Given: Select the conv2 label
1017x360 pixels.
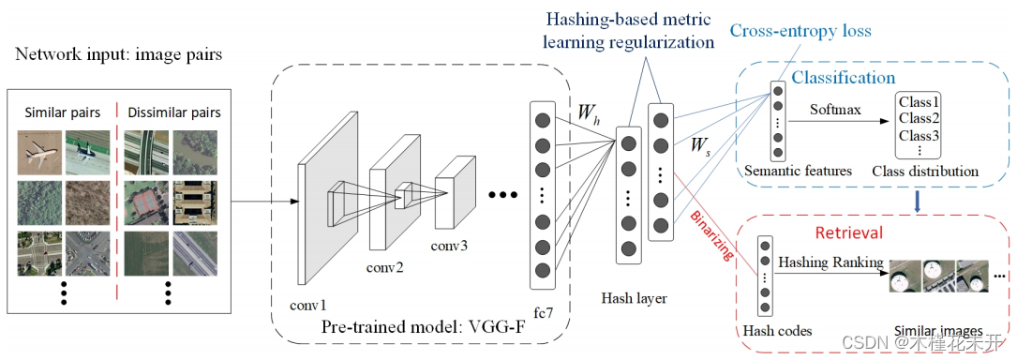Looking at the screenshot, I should pyautogui.click(x=385, y=265).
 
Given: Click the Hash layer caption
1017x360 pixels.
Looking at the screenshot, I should pyautogui.click(x=634, y=298).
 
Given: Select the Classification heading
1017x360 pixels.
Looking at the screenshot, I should pyautogui.click(x=844, y=77).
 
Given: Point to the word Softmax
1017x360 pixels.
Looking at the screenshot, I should pyautogui.click(x=837, y=111).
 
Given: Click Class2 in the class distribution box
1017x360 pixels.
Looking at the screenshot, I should pyautogui.click(x=919, y=118).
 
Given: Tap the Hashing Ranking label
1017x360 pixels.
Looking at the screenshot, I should pyautogui.click(x=831, y=262).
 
